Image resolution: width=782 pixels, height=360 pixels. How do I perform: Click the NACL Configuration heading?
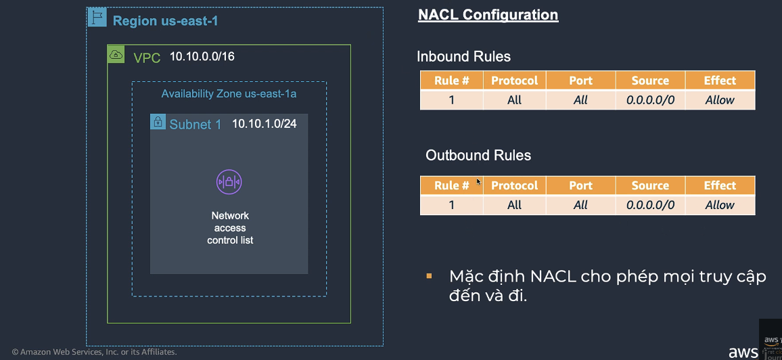click(x=488, y=15)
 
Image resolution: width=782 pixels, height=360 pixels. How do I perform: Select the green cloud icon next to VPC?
click(x=116, y=55)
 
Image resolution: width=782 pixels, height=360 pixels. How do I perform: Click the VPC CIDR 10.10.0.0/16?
click(x=202, y=57)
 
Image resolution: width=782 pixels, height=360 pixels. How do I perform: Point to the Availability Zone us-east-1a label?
click(x=229, y=94)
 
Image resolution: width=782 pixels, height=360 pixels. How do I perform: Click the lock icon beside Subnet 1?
click(x=158, y=122)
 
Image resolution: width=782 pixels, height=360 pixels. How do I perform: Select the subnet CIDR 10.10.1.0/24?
click(x=264, y=124)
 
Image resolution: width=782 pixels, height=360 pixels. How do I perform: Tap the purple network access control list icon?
click(x=229, y=181)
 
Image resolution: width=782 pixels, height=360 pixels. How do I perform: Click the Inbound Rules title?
click(x=463, y=57)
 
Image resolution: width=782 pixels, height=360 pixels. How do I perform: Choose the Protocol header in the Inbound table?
click(x=514, y=81)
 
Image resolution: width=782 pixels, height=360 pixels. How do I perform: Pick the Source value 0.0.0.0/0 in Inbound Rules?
click(x=650, y=100)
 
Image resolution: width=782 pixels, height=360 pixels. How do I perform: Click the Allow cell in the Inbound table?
click(x=720, y=100)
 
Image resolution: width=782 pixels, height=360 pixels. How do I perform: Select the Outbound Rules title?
click(x=478, y=156)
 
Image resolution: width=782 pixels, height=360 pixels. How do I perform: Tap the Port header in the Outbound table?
click(x=580, y=185)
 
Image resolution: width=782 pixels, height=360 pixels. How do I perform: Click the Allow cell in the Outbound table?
click(x=720, y=205)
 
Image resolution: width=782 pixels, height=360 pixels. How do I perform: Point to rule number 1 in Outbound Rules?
click(x=452, y=205)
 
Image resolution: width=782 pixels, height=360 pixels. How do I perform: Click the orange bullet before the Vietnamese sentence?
click(x=429, y=276)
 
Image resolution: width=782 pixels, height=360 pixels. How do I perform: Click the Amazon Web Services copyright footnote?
click(x=94, y=352)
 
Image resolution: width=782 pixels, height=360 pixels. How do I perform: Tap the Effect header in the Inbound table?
click(x=720, y=81)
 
